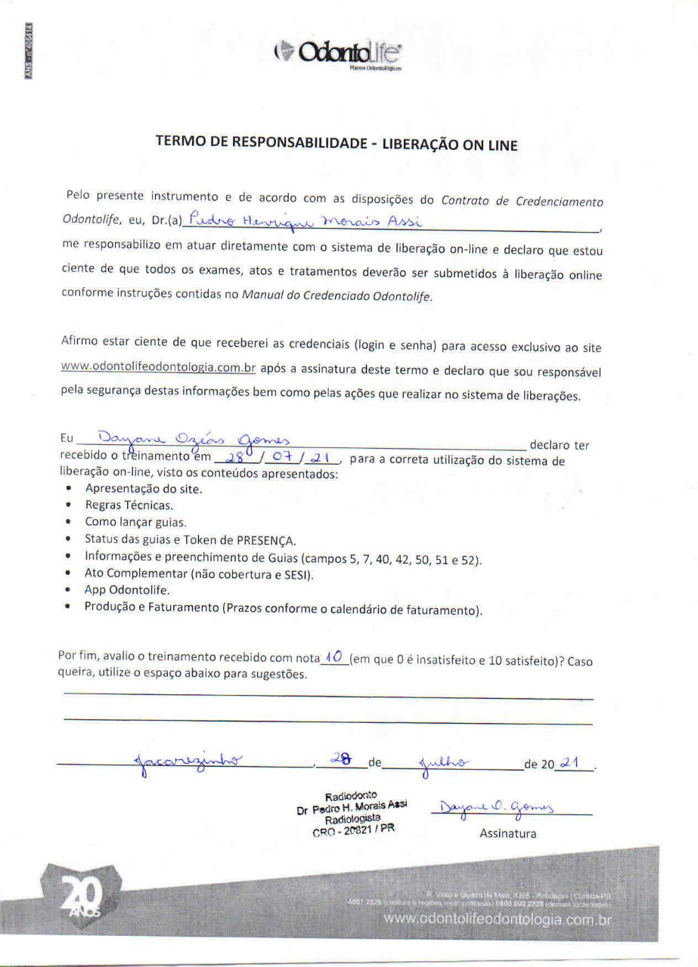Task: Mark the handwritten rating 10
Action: (x=333, y=658)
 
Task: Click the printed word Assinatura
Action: (x=507, y=834)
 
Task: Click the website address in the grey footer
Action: (x=497, y=919)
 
